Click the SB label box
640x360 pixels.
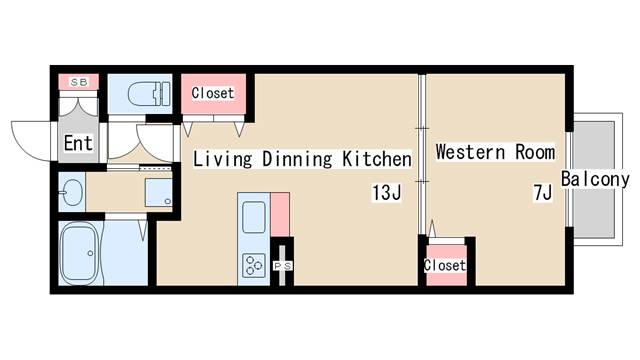click(x=79, y=82)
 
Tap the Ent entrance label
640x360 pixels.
click(x=78, y=143)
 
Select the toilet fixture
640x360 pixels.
click(x=149, y=94)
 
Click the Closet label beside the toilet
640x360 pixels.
click(x=213, y=93)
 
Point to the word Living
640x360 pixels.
click(x=222, y=159)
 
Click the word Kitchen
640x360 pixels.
click(x=377, y=159)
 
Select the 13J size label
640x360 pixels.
click(x=387, y=192)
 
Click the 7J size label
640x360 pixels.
click(x=543, y=192)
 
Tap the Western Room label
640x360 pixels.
click(x=496, y=152)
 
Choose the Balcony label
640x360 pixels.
click(x=595, y=179)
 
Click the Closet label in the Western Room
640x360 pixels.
click(x=445, y=265)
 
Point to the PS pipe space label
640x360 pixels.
click(x=282, y=266)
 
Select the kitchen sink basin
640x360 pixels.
click(x=254, y=217)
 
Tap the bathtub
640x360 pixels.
click(x=80, y=253)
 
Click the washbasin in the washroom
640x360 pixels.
click(x=72, y=192)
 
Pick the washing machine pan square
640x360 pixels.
click(x=158, y=192)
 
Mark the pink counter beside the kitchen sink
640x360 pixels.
click(x=280, y=215)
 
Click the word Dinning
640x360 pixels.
click(x=297, y=159)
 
